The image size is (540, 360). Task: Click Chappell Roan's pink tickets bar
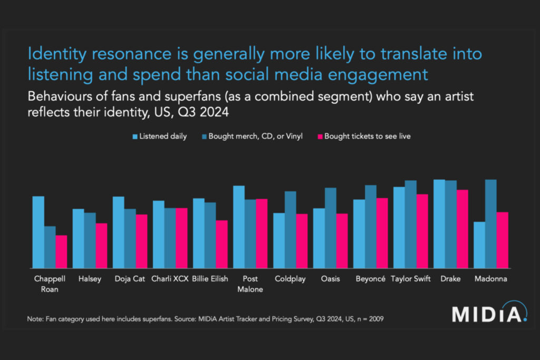[x=62, y=252]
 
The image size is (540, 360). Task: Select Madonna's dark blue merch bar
[x=491, y=224]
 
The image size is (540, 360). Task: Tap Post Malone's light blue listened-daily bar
[x=239, y=227]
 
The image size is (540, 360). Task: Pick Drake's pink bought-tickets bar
[x=462, y=229]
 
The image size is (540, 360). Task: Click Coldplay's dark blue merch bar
[x=291, y=230]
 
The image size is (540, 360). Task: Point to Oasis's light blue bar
[x=319, y=238]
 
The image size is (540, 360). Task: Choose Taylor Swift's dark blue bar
[x=411, y=225]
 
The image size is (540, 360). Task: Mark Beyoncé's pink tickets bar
[x=382, y=233]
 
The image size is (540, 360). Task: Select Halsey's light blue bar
[x=78, y=239]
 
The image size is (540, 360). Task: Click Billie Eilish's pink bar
[x=221, y=245]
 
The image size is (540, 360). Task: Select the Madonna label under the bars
[x=490, y=279]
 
